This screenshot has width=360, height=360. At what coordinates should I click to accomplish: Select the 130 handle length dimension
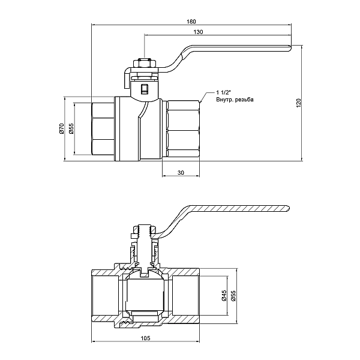(x=197, y=31)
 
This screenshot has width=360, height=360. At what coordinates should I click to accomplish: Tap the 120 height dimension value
(x=299, y=103)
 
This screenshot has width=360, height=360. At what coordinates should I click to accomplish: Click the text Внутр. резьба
(x=235, y=100)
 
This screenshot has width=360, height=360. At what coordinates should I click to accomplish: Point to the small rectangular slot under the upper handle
(x=144, y=90)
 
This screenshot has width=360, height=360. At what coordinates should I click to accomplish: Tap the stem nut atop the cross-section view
(x=144, y=229)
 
